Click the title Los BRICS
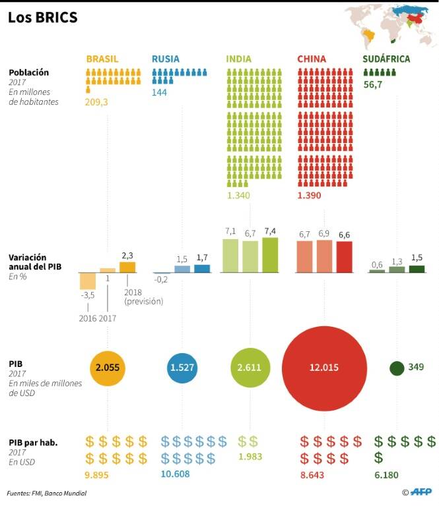pos(43,17)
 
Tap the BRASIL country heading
pos(102,59)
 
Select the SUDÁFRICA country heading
pos(386,59)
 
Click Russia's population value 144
pos(159,93)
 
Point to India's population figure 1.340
pos(238,195)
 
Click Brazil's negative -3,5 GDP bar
pos(88,281)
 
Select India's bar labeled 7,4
pos(270,255)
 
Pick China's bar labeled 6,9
pos(324,256)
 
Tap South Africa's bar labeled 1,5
pos(417,269)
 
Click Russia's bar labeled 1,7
pos(202,269)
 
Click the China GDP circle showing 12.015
pos(324,368)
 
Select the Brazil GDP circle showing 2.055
pos(108,368)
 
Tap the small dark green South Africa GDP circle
pos(397,368)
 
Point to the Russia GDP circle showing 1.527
pos(182,368)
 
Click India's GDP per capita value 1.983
pos(250,457)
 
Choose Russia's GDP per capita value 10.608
pos(175,474)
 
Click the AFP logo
pos(421,492)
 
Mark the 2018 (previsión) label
pos(143,297)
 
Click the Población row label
pos(29,72)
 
